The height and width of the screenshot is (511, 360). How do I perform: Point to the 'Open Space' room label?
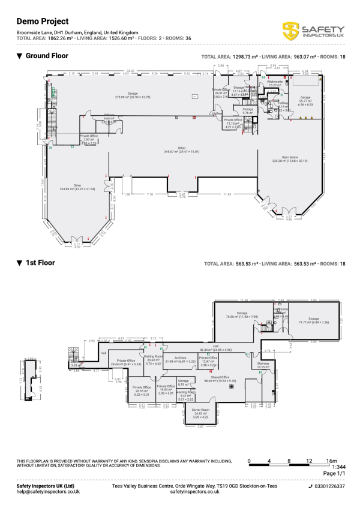point(281,158)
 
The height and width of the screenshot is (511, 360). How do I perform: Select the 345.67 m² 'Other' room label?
point(182,149)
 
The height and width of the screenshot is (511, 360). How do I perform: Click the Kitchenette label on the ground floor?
point(275,82)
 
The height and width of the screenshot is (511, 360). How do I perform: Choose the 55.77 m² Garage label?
point(305,98)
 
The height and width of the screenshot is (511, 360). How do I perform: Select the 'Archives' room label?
point(184,359)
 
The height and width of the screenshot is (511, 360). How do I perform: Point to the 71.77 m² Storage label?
point(314,319)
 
